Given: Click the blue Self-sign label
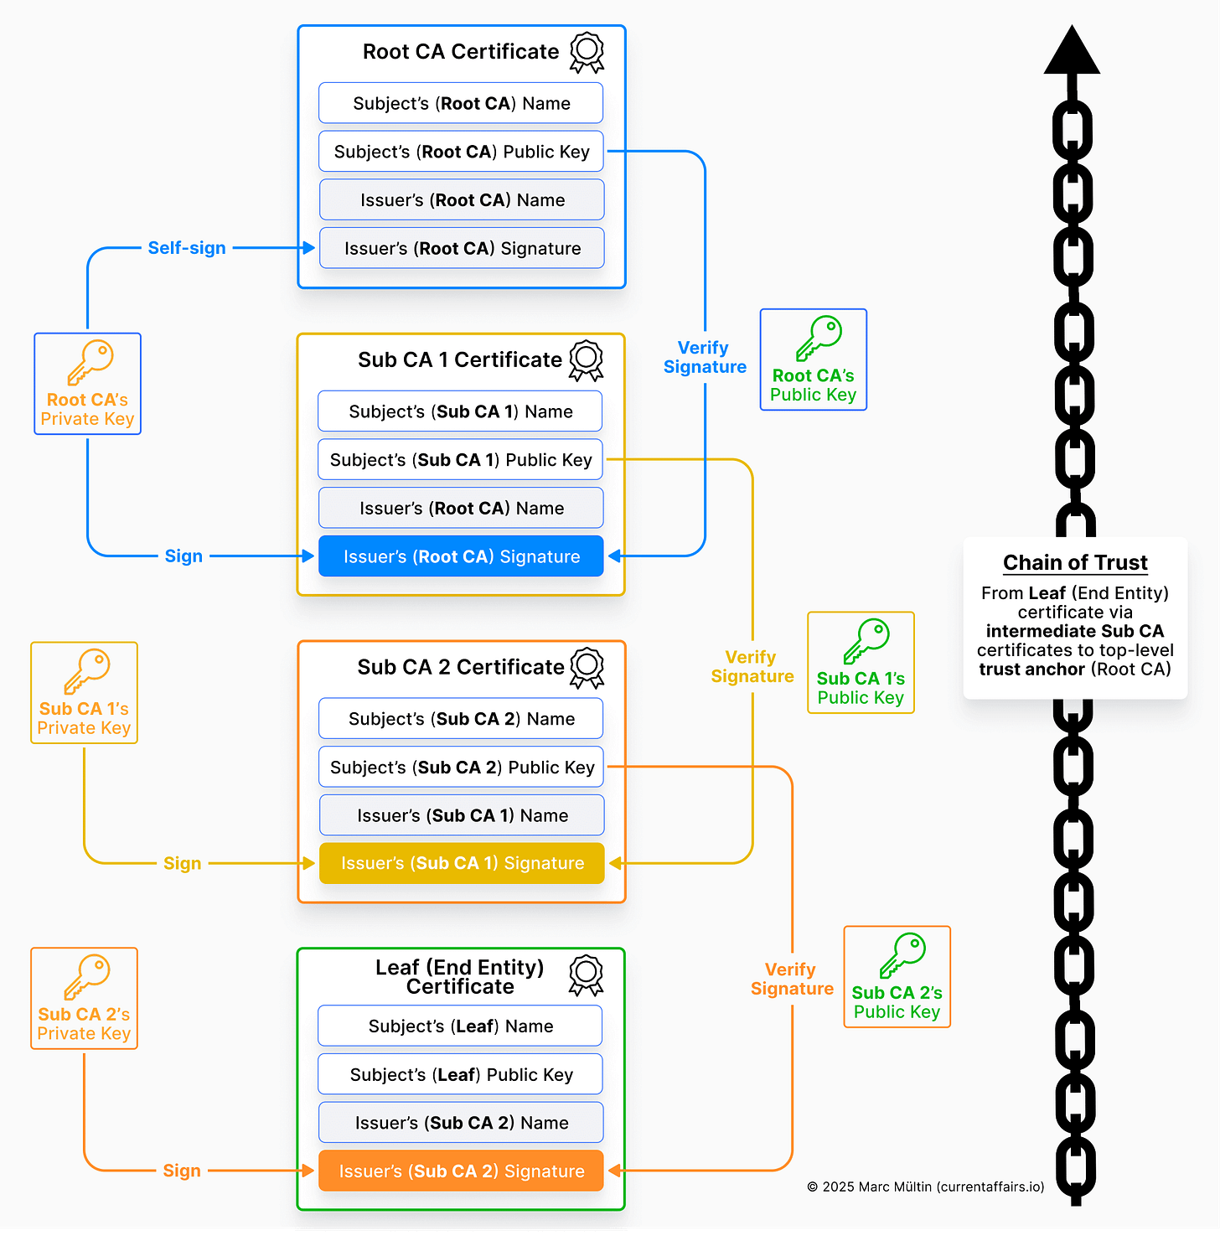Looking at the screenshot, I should click(x=186, y=248).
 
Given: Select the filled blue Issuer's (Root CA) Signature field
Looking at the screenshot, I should click(x=461, y=556).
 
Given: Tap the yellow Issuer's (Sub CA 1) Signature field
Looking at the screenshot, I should click(x=461, y=863).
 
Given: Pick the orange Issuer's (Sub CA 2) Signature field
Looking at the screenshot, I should click(x=461, y=1171).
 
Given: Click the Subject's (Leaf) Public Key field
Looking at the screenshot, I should click(x=461, y=1074).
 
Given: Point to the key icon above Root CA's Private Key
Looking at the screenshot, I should click(x=90, y=362).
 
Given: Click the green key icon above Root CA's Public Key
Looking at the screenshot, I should click(x=819, y=338).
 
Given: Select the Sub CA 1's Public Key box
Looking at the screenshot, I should click(x=861, y=663).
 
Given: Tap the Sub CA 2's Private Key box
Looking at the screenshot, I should click(x=84, y=998).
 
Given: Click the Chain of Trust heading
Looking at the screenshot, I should click(x=1075, y=562).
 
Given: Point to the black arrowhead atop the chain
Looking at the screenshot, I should click(x=1072, y=52).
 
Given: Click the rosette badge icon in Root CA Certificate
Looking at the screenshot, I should click(x=587, y=52).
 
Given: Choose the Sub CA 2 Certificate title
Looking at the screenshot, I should click(x=461, y=667).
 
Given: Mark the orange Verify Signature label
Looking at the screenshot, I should click(x=792, y=979).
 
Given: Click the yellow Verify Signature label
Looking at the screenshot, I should click(x=752, y=666).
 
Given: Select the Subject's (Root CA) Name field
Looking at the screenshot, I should click(x=461, y=103).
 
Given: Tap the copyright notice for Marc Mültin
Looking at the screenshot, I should click(x=925, y=1187).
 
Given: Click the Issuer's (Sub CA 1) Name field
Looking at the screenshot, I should click(x=461, y=815).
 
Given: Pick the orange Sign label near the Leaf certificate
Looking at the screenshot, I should click(x=182, y=1171).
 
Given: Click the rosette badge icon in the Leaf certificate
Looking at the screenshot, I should click(x=586, y=975).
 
